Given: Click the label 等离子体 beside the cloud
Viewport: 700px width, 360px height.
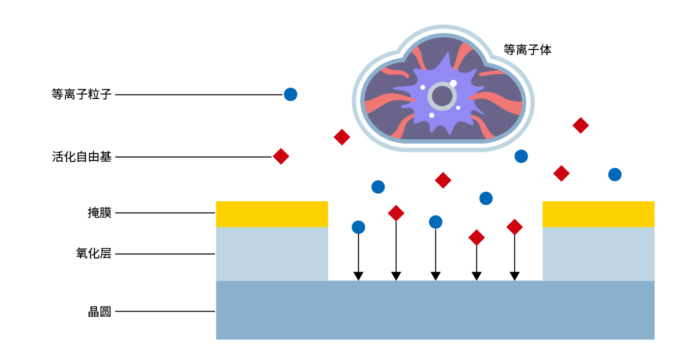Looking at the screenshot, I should (x=527, y=50).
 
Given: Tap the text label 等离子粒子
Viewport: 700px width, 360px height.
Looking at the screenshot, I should (x=81, y=94).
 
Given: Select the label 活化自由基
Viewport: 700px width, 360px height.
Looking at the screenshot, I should (x=81, y=157).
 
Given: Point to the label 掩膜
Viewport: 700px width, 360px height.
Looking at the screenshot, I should (x=99, y=213).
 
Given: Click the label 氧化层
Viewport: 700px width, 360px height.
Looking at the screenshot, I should (x=93, y=254).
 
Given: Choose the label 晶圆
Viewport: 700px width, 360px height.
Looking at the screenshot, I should (x=99, y=311).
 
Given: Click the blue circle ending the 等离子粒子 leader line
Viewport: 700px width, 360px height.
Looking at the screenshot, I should (x=290, y=94).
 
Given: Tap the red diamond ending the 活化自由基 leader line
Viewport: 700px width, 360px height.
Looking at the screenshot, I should (x=281, y=156).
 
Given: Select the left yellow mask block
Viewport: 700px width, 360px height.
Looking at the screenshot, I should (x=272, y=214).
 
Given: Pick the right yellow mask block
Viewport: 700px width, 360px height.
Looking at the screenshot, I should (x=598, y=214).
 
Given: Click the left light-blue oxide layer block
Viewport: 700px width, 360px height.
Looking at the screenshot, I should (x=272, y=254).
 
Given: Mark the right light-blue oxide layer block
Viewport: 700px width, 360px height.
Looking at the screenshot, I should (x=598, y=254).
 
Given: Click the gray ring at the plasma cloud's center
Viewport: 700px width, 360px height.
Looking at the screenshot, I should (x=442, y=96).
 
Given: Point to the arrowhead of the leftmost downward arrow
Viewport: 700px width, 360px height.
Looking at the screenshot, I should (x=358, y=276).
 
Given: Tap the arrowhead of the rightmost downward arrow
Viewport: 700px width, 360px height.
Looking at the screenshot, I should (x=514, y=276).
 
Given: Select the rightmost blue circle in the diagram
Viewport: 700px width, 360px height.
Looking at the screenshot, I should (x=615, y=174).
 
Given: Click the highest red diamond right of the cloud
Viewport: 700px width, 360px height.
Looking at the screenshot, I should (x=580, y=125).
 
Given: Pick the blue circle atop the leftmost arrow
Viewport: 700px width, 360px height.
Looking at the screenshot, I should (x=358, y=227).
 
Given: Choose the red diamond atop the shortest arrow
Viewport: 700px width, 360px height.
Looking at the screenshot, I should (x=476, y=237).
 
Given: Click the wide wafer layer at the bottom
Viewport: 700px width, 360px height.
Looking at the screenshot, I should (x=435, y=310).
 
